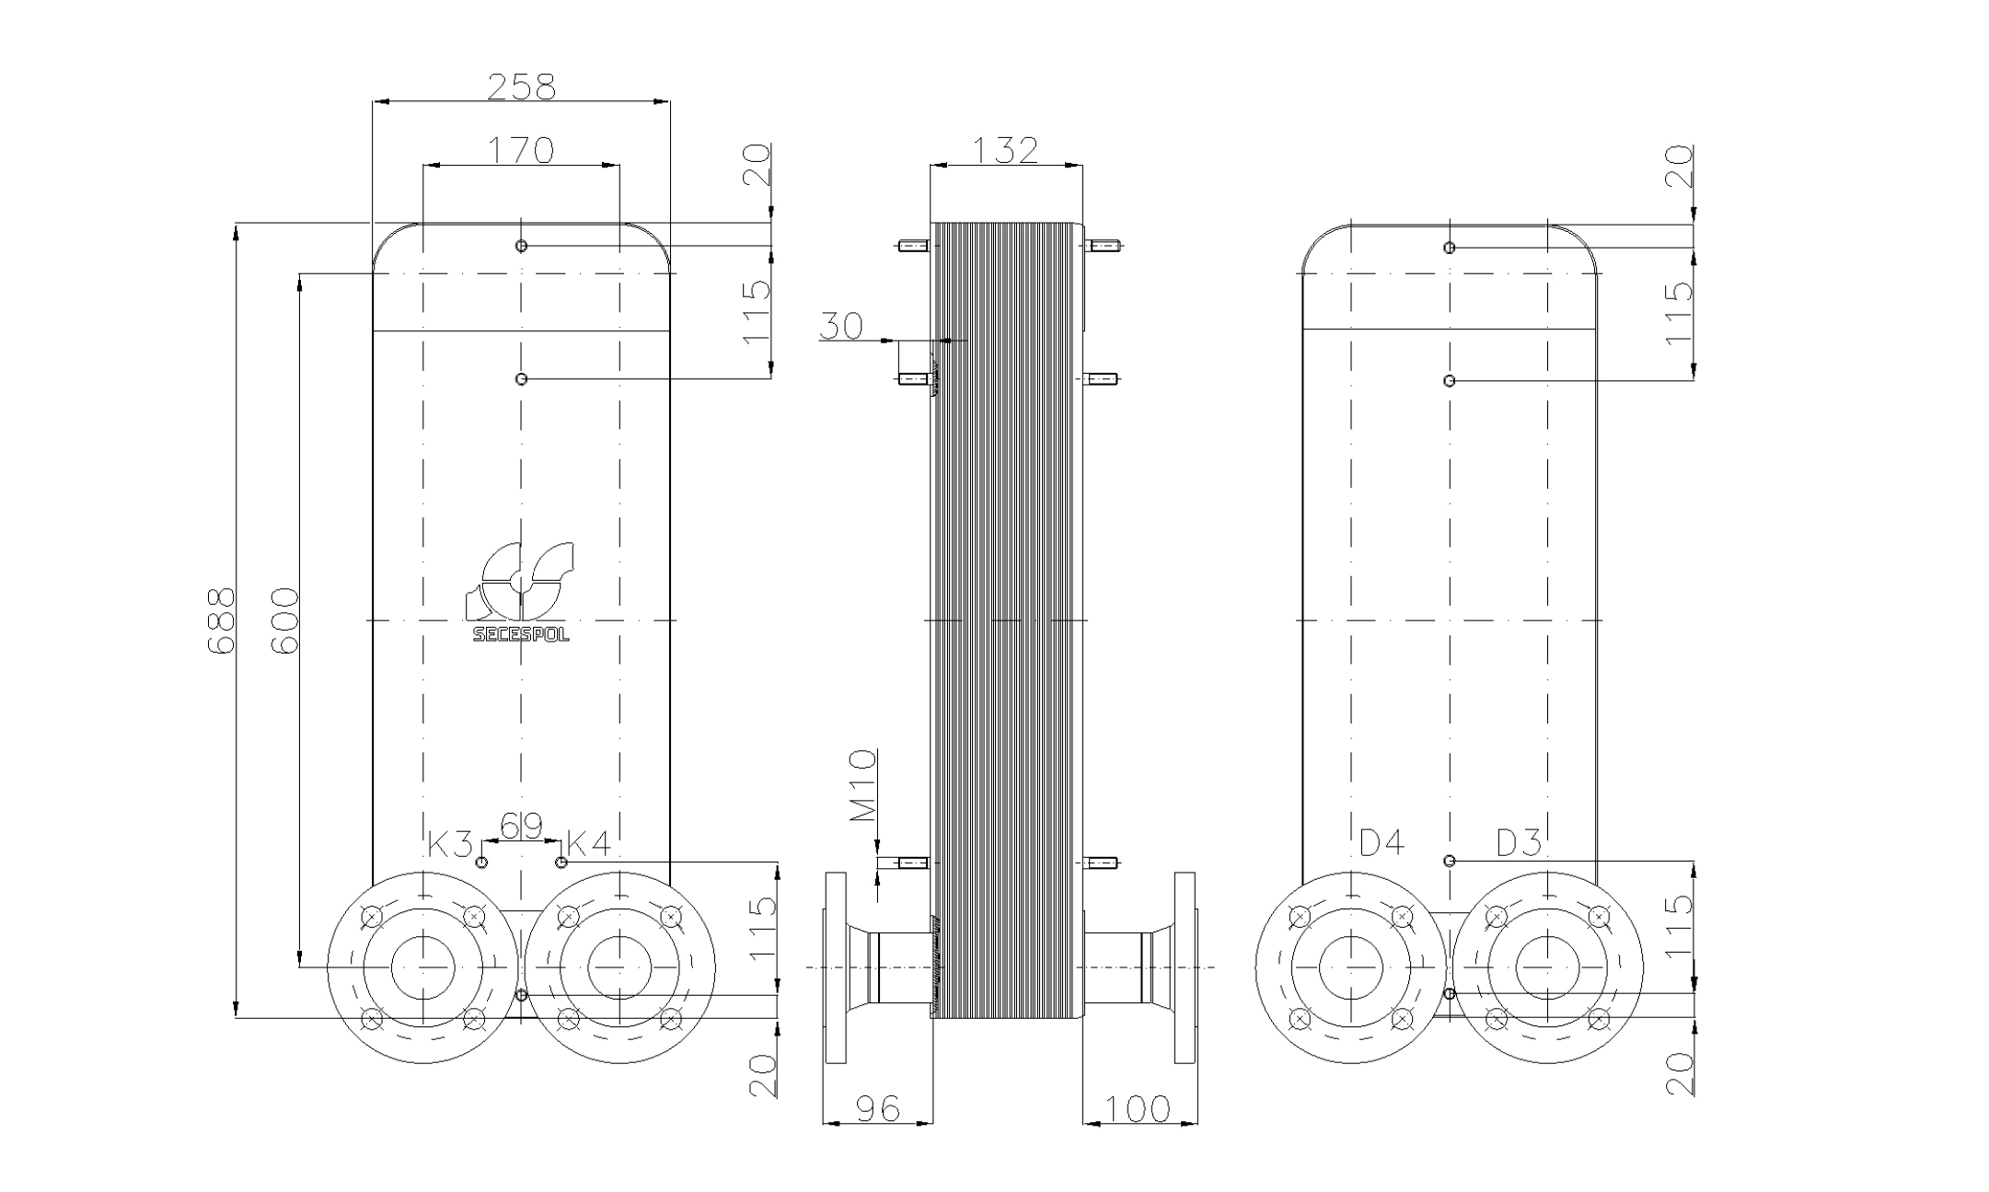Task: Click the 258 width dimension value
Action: (521, 87)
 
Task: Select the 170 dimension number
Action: (521, 150)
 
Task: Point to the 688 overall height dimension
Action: (221, 620)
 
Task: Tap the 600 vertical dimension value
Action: (285, 620)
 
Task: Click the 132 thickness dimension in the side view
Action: (1005, 150)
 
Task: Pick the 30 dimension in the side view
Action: (841, 326)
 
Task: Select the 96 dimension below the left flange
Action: (876, 1109)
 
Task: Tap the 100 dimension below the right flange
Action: (1139, 1109)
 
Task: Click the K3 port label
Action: (450, 843)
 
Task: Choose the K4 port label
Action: (588, 843)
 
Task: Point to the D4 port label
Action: (1382, 842)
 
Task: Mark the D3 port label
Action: (1519, 842)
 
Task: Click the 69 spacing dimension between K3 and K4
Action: (521, 826)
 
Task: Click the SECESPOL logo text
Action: (521, 635)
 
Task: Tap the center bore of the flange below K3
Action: (423, 967)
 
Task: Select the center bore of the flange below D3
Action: (1547, 967)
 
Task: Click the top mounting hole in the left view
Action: (522, 246)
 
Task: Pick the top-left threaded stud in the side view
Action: (913, 246)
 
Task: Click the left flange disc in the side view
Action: (835, 967)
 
